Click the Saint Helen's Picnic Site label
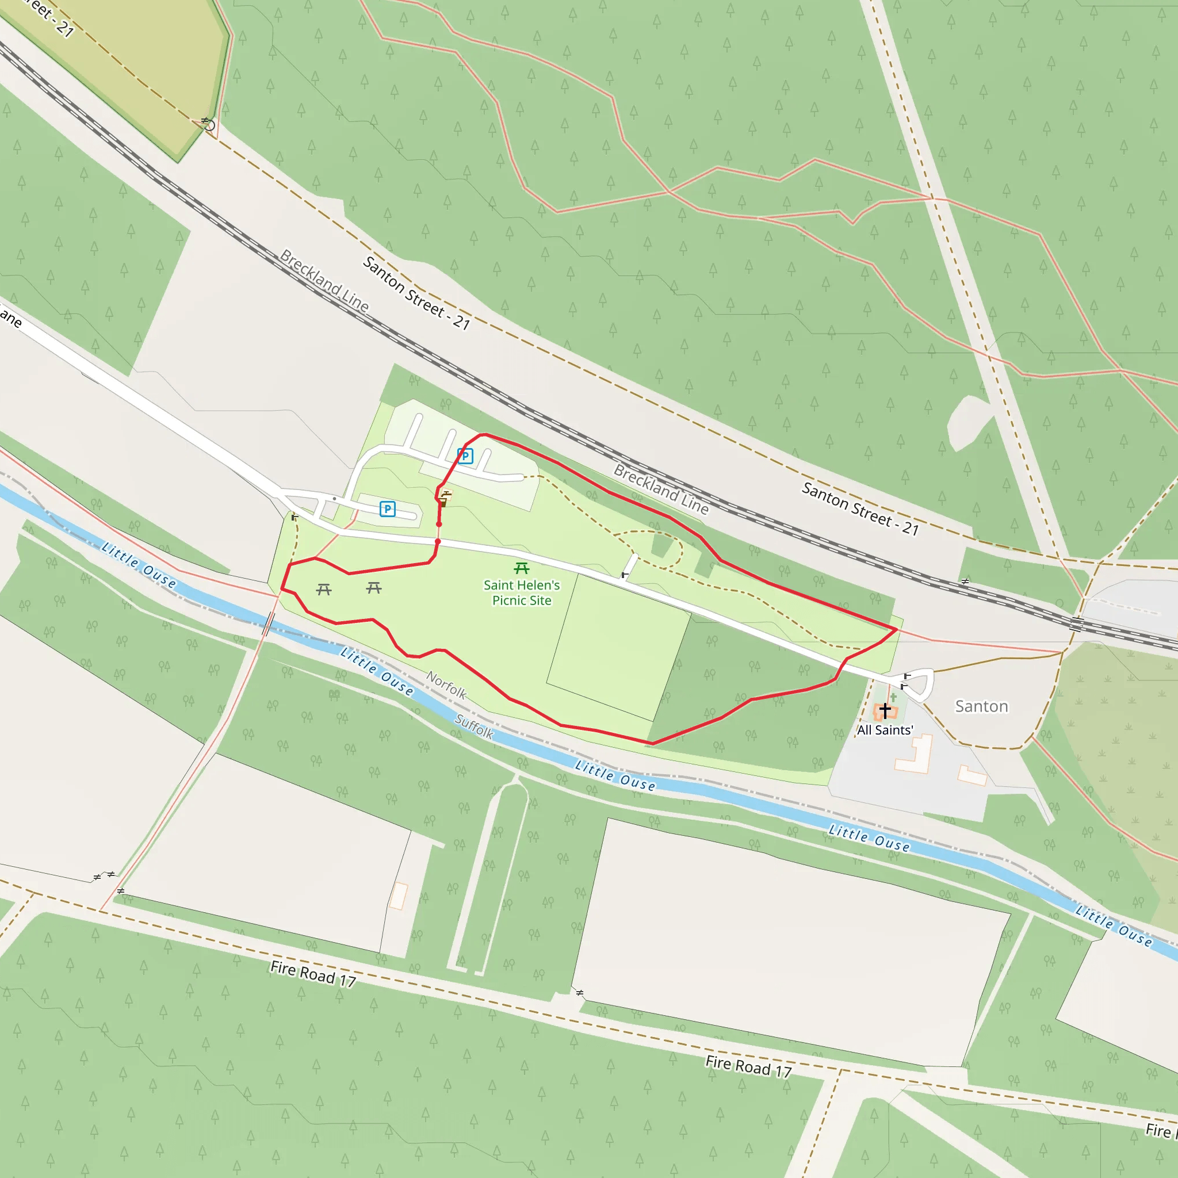[x=521, y=592]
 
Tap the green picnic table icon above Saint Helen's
[x=521, y=568]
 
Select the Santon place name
[x=981, y=706]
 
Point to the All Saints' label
[x=885, y=730]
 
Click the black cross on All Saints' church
[x=885, y=710]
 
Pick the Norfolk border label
[x=446, y=685]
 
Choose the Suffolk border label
[x=474, y=726]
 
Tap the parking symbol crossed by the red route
[x=465, y=456]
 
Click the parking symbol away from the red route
[x=387, y=508]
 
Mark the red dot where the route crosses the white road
[x=438, y=541]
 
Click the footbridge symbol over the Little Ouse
[x=268, y=623]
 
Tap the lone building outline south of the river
[x=399, y=896]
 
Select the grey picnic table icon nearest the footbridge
[x=324, y=589]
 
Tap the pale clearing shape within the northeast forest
[x=967, y=422]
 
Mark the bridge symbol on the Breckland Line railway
[x=1077, y=624]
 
